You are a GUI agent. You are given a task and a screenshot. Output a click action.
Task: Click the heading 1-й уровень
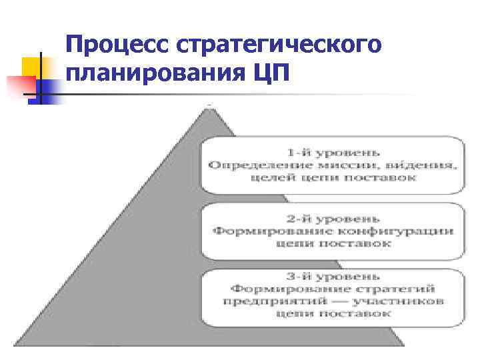[x=332, y=151]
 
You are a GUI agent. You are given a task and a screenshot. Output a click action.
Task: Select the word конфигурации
[x=393, y=231]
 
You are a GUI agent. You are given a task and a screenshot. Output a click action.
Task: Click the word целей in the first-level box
[x=270, y=177]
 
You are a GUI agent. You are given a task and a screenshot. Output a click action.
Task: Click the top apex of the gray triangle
[x=210, y=107]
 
